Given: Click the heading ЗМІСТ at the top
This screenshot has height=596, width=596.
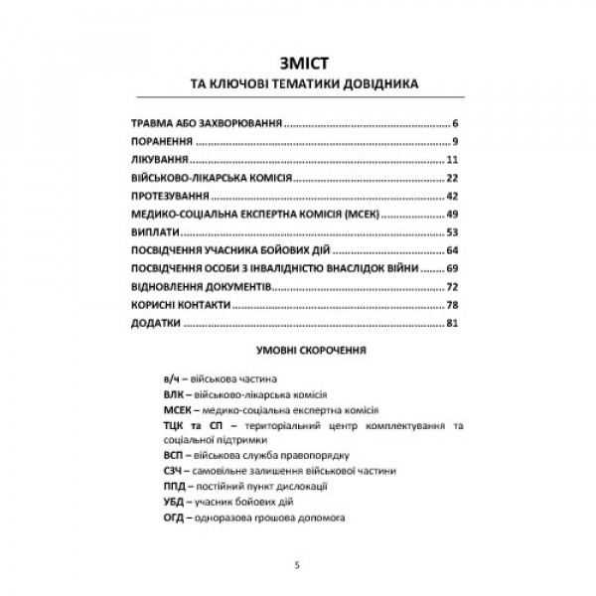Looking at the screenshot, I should point(297,61).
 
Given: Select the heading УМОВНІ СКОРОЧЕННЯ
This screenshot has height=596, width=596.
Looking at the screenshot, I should point(297,351).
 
